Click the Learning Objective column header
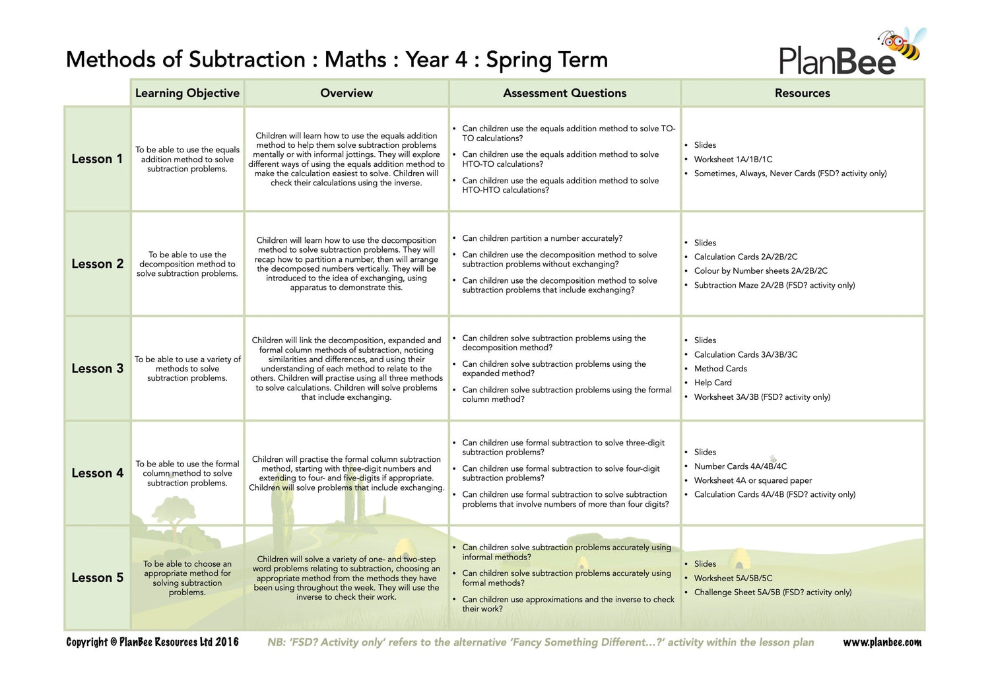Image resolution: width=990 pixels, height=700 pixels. [x=187, y=93]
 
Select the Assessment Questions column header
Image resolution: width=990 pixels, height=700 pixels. [x=564, y=93]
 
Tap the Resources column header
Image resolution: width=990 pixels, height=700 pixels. [x=802, y=93]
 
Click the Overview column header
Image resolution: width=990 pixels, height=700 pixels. [x=346, y=93]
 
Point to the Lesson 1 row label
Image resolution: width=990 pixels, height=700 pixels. [x=97, y=159]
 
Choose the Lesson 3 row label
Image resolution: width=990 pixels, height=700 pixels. [x=97, y=368]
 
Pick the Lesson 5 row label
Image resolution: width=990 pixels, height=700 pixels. [x=97, y=577]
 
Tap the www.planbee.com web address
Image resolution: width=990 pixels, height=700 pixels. [x=882, y=642]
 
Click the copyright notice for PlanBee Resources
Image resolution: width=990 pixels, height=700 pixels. [x=152, y=642]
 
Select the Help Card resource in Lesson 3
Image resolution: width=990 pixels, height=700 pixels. [x=713, y=383]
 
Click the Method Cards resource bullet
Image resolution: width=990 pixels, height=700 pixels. [x=721, y=369]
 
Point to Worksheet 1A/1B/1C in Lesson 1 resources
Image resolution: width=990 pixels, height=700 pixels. [x=733, y=160]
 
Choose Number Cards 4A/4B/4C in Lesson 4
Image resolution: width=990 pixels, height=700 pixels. [x=740, y=466]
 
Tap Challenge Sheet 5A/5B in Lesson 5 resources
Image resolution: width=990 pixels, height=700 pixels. [x=772, y=592]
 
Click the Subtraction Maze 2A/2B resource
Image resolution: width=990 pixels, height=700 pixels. [x=774, y=285]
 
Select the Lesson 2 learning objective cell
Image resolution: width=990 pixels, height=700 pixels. [x=187, y=264]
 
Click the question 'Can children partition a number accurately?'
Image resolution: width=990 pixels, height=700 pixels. [x=542, y=238]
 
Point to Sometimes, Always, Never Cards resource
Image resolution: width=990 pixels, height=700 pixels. [x=790, y=174]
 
